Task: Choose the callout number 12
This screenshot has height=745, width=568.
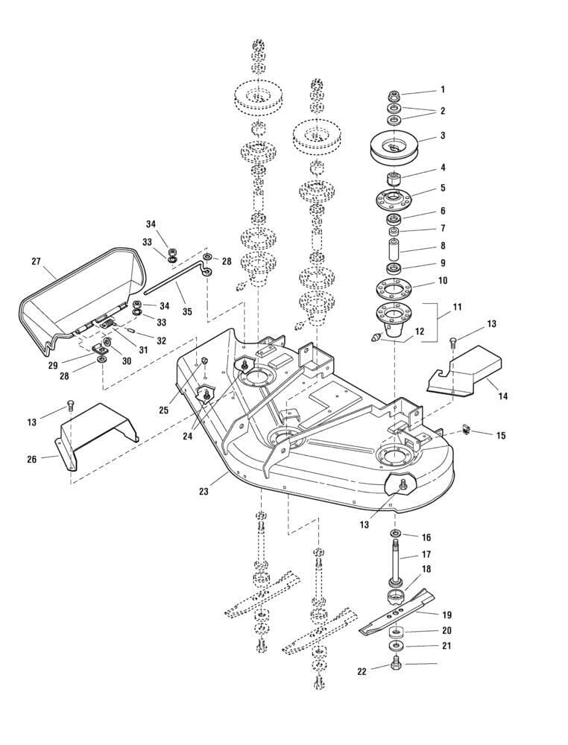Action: pos(420,332)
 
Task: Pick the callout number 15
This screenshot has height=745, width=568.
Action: pos(501,434)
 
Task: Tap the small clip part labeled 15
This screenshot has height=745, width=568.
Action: pos(467,429)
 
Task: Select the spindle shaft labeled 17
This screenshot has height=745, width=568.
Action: pos(394,559)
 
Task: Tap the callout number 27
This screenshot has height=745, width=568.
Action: pos(35,261)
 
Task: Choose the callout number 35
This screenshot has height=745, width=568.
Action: pos(187,311)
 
